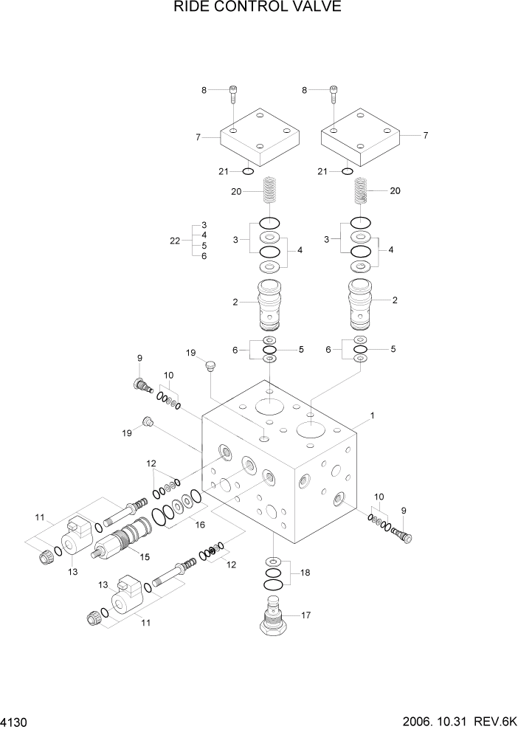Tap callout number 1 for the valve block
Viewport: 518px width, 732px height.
coord(373,416)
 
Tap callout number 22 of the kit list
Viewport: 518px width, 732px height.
coord(175,241)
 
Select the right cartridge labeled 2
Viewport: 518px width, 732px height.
coord(360,303)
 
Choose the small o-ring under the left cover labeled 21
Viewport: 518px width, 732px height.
coord(248,172)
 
